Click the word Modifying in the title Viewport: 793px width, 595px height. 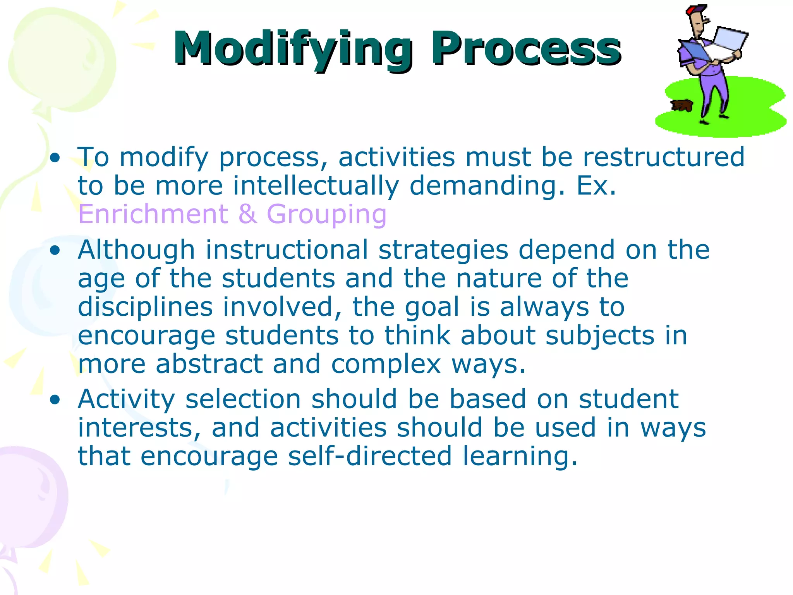tap(292, 49)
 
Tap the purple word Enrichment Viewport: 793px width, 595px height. tap(153, 214)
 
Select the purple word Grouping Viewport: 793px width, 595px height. tap(326, 214)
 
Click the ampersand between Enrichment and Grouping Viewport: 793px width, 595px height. tap(248, 214)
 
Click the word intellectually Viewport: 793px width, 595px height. tap(316, 186)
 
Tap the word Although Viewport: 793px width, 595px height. tap(136, 250)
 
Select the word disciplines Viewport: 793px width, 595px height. tap(145, 307)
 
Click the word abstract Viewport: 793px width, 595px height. tap(209, 364)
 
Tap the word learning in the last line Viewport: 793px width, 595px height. tap(520, 456)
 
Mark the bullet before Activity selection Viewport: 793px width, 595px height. tap(55, 399)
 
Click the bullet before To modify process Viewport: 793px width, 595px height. tap(55, 158)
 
